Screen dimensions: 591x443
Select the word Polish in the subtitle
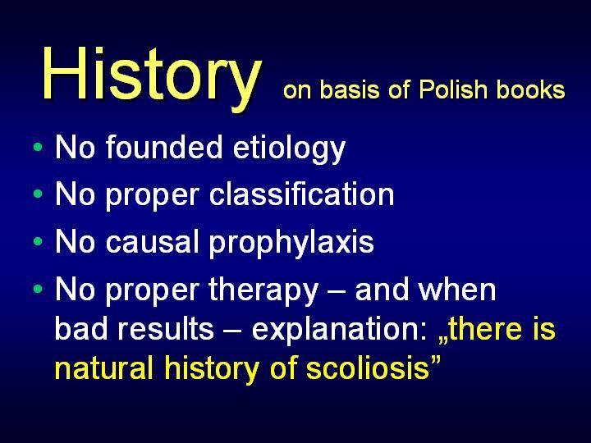click(x=453, y=89)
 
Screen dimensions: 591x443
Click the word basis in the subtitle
click(x=350, y=89)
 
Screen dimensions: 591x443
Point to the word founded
click(x=164, y=147)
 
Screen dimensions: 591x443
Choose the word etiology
click(x=289, y=149)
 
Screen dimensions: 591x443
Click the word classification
click(x=301, y=194)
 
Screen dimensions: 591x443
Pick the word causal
click(x=153, y=241)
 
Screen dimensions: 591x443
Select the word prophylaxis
click(x=291, y=244)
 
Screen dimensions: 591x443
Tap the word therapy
click(x=263, y=291)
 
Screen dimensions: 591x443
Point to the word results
click(x=166, y=328)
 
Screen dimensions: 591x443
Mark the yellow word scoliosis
click(x=368, y=368)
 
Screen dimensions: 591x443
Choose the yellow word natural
click(x=104, y=368)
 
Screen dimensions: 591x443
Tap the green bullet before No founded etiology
click(x=38, y=147)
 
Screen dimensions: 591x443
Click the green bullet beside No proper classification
click(x=38, y=194)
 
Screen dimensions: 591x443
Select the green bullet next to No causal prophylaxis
click(x=38, y=241)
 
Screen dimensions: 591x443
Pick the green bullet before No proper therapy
click(x=38, y=289)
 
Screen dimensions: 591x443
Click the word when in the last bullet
click(x=457, y=290)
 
